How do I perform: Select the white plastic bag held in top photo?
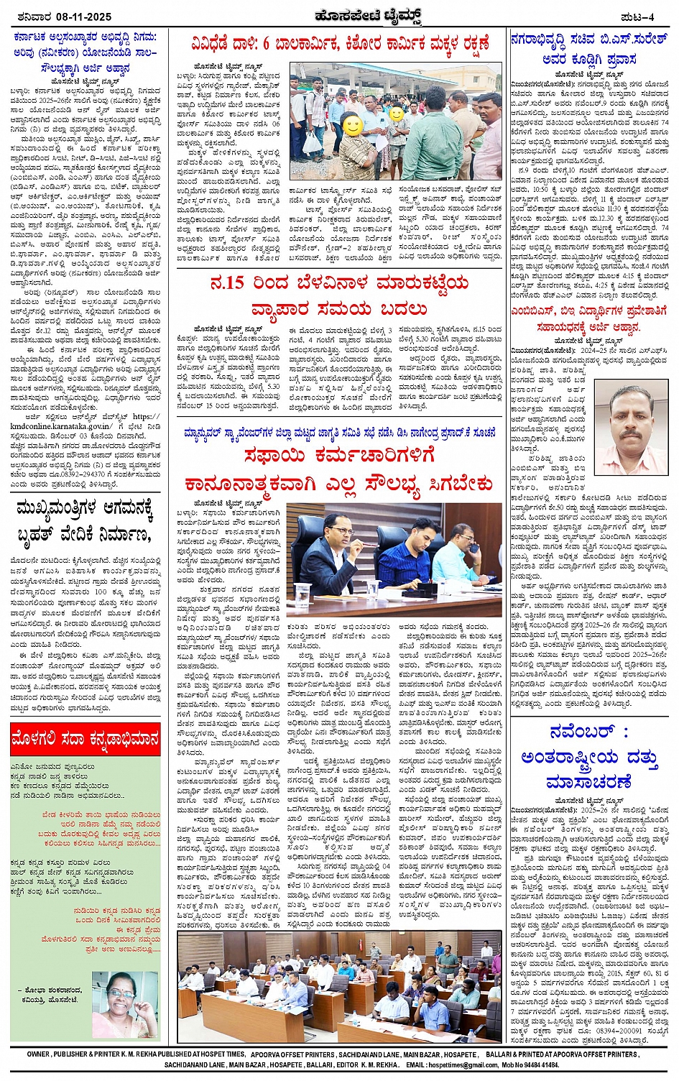313,142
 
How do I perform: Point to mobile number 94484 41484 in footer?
532,1064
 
